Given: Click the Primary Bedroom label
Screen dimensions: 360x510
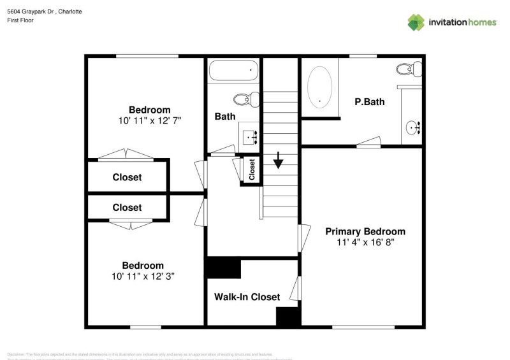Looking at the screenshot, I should (365, 231).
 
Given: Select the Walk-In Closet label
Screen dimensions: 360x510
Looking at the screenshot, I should (247, 297).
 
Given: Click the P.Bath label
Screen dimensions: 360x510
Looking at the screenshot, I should (369, 101).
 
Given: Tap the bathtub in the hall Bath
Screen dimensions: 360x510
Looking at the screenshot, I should (234, 70).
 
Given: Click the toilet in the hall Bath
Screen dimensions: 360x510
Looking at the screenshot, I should (246, 99).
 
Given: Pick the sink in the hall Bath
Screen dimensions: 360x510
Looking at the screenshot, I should (250, 136).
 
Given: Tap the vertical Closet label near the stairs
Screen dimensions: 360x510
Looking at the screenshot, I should (252, 169).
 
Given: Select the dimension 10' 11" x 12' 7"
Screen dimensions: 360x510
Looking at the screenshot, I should (150, 120).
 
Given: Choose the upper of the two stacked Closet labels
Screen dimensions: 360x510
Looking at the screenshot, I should (127, 177).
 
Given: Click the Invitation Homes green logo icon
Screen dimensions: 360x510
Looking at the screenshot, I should (416, 22).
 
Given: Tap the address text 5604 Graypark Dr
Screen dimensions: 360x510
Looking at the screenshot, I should (31, 11).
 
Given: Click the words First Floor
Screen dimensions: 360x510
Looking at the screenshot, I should (21, 20).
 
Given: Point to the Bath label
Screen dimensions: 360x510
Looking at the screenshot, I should (224, 117).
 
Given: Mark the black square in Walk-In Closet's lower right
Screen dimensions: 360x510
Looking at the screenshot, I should (288, 317).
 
